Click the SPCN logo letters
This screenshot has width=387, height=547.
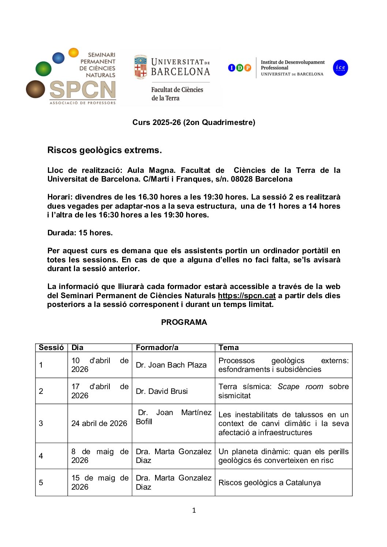(83, 90)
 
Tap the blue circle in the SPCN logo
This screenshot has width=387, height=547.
(58, 58)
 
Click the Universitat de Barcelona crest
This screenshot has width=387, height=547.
(140, 67)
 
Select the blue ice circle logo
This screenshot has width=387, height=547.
(340, 68)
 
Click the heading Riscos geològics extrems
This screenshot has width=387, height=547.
(105, 150)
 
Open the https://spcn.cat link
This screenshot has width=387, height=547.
(247, 296)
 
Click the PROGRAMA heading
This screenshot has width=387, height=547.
(184, 322)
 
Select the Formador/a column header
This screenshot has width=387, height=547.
(157, 347)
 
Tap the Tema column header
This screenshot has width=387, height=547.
(229, 347)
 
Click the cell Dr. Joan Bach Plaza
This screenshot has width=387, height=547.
(171, 365)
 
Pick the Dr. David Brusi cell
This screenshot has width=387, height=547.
(162, 391)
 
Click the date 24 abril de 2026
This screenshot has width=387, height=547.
(99, 423)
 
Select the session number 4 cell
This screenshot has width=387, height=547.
(41, 456)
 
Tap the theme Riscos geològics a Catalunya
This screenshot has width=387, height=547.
(270, 483)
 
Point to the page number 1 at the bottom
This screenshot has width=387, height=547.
(194, 510)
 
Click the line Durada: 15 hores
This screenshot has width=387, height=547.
(80, 233)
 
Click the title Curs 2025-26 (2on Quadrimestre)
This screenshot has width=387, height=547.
(193, 122)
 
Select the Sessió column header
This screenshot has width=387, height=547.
(51, 347)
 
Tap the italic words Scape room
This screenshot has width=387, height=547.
(300, 387)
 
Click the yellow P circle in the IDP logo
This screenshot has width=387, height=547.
(248, 68)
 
